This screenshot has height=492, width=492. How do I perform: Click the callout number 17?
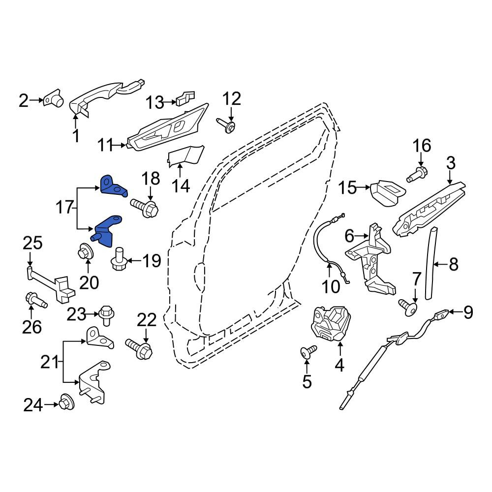[x=65, y=208]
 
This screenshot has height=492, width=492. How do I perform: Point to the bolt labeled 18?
[x=145, y=207]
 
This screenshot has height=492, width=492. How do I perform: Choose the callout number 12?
[x=232, y=99]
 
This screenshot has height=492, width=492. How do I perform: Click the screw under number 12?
[x=226, y=125]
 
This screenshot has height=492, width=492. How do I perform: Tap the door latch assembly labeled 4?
[x=330, y=324]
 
